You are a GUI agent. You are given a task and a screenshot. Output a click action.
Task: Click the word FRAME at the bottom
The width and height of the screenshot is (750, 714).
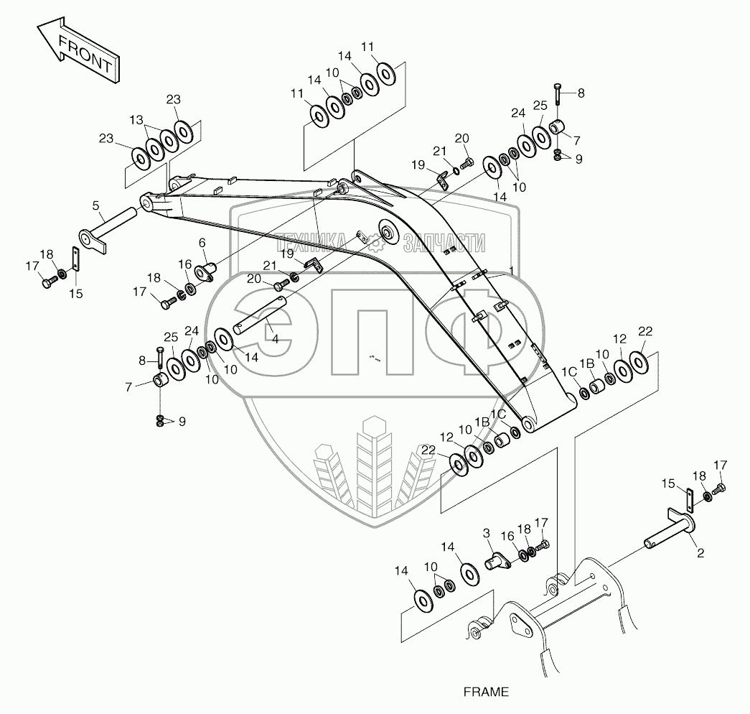click(x=486, y=692)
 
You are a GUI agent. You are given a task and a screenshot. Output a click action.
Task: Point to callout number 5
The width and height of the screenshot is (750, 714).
click(x=96, y=205)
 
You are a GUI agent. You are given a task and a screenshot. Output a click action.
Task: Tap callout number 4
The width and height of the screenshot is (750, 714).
click(x=274, y=338)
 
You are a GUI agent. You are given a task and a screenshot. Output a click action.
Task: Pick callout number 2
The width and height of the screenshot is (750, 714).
click(x=700, y=552)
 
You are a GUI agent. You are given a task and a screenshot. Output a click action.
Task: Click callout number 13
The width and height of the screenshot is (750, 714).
click(x=136, y=119)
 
